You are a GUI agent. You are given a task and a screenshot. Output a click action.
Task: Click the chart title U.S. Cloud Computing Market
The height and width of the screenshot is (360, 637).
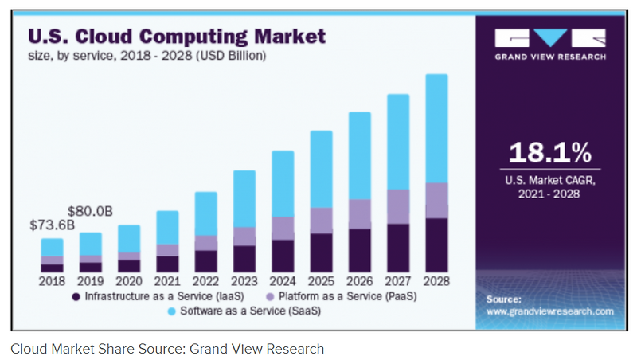[177, 37]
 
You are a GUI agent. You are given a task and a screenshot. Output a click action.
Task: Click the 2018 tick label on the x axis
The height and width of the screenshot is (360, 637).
[52, 280]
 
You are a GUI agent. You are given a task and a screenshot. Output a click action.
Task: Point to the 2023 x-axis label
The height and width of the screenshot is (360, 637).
[244, 280]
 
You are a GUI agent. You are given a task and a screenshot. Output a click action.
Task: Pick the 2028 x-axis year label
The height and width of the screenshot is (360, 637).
[436, 280]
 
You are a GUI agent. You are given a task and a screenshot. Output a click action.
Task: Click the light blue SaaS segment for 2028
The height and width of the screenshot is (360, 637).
[436, 127]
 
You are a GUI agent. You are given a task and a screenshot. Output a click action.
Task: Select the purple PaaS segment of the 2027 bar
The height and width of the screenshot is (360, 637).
[398, 206]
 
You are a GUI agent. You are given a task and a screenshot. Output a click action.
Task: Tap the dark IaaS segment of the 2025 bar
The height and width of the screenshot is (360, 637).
[321, 252]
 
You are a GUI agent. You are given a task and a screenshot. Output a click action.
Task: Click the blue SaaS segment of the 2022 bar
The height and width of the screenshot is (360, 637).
[205, 213]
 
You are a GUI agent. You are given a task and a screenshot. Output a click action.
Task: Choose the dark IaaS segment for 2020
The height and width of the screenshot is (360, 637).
[129, 265]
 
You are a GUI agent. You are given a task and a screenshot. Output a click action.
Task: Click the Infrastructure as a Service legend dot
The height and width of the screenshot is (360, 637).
[76, 296]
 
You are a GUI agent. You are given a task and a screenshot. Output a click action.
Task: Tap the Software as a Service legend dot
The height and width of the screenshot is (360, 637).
[173, 311]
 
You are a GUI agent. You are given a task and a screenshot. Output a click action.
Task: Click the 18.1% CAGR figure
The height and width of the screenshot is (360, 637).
[550, 153]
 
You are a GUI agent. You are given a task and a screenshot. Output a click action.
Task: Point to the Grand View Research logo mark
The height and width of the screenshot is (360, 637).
[550, 38]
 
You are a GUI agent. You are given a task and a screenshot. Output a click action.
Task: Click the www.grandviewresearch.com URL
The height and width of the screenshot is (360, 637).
[549, 311]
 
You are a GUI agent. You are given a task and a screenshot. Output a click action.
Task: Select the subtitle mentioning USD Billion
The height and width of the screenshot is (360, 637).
[147, 57]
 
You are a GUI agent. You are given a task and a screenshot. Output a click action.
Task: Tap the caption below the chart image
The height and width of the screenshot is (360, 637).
[167, 348]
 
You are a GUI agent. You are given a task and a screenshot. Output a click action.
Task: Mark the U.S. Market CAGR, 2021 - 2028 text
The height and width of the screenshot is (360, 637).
[550, 186]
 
